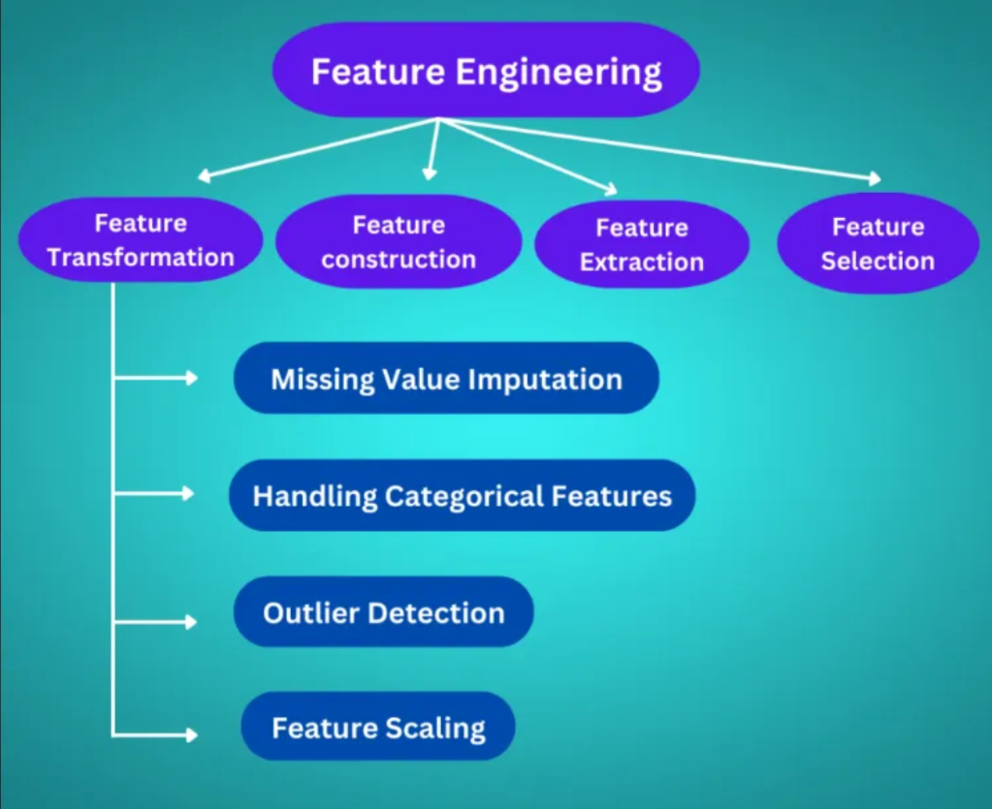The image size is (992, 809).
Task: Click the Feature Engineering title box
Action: click(x=486, y=71)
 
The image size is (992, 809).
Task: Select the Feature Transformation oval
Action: click(x=141, y=240)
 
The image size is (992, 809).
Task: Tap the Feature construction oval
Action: click(x=399, y=242)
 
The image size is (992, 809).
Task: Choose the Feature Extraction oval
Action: click(x=641, y=244)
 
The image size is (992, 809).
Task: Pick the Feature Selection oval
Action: click(x=878, y=243)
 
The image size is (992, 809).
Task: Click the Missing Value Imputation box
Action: click(x=446, y=378)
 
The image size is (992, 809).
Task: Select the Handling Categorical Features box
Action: click(x=462, y=496)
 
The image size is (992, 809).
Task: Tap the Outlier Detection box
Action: click(x=383, y=612)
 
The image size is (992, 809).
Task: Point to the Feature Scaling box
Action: click(x=378, y=727)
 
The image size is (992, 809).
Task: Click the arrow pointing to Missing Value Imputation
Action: click(x=155, y=378)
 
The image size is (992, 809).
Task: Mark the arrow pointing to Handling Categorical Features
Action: click(x=155, y=494)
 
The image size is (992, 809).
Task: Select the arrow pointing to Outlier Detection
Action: click(x=155, y=621)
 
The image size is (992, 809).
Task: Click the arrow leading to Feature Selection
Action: click(x=659, y=149)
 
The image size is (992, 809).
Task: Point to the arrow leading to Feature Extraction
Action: click(x=528, y=155)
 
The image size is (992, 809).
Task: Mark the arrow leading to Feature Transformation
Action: click(x=320, y=148)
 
